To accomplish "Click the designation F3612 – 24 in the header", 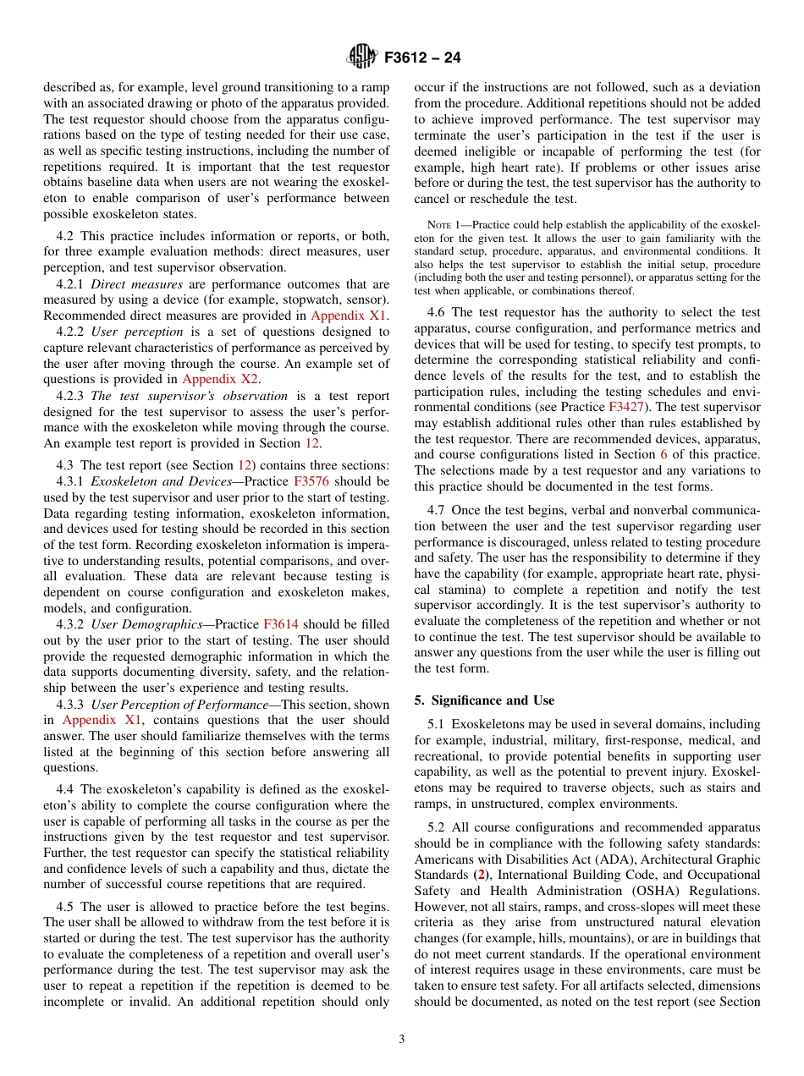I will pyautogui.click(x=421, y=58).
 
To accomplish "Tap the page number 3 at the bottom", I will pyautogui.click(x=401, y=1040).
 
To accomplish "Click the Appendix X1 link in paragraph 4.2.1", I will pyautogui.click(x=348, y=315).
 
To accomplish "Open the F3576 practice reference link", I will pyautogui.click(x=311, y=481).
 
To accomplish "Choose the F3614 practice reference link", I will pyautogui.click(x=281, y=624).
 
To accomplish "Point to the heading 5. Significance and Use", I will pyautogui.click(x=484, y=700).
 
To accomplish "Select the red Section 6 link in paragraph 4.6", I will pyautogui.click(x=664, y=455).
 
